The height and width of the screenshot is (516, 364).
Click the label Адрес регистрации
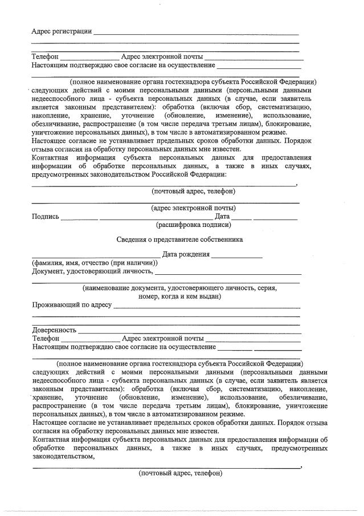(x=61, y=31)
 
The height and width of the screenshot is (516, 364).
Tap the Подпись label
(x=46, y=217)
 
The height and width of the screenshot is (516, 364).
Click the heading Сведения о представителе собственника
(x=179, y=239)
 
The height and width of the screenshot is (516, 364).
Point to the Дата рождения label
(x=186, y=254)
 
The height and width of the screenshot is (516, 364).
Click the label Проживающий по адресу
(x=72, y=306)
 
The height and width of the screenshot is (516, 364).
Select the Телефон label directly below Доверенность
(x=46, y=338)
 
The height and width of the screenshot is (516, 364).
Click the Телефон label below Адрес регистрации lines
(x=46, y=57)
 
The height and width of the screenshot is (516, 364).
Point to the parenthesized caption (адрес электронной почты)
(x=193, y=208)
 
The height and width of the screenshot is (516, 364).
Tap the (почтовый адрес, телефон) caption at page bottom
(x=180, y=473)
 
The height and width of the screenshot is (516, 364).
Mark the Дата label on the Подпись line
(x=222, y=217)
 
